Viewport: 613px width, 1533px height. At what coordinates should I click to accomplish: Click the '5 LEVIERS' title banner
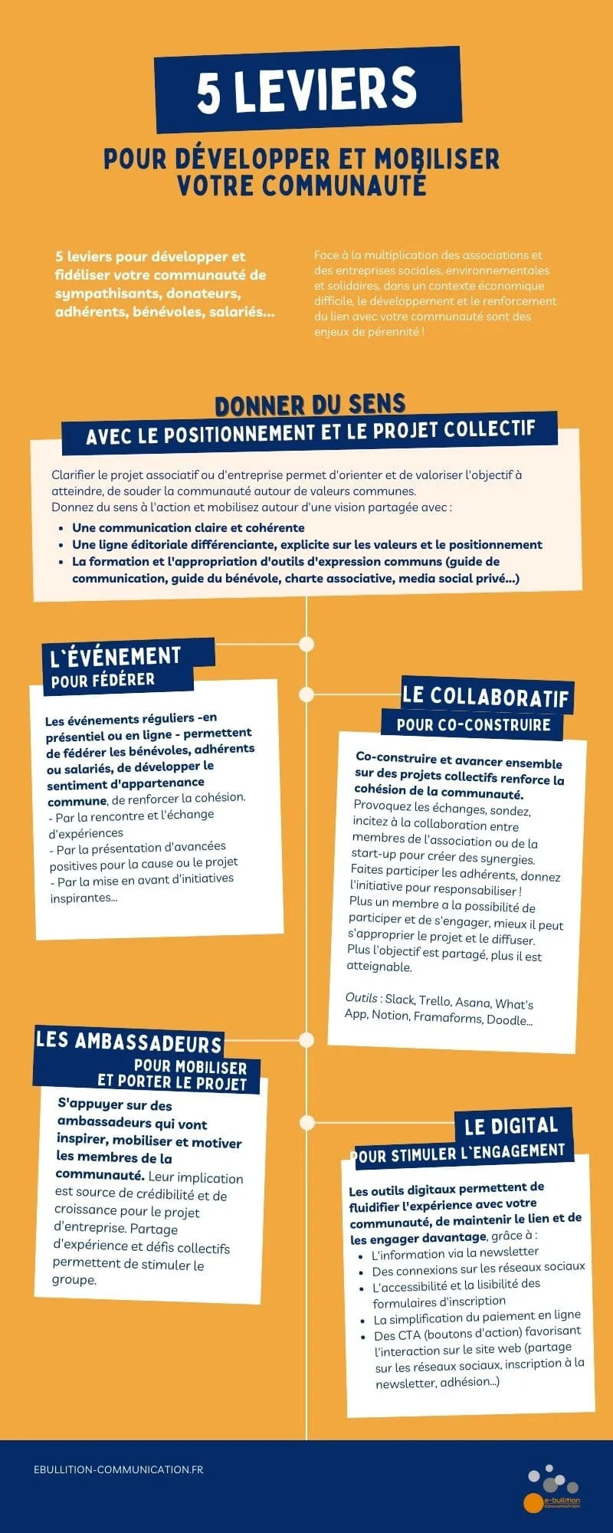(307, 90)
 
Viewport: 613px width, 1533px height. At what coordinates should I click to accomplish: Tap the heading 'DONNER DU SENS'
(310, 404)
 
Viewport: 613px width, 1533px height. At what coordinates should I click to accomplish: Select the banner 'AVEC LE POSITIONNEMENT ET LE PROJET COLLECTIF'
(310, 432)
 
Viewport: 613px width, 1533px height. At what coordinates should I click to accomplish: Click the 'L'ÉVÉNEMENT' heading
(115, 657)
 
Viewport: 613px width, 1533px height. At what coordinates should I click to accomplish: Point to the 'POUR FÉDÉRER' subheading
(103, 680)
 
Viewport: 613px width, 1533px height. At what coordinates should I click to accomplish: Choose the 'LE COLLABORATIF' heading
(486, 696)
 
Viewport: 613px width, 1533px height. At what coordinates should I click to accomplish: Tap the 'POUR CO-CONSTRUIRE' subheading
(473, 724)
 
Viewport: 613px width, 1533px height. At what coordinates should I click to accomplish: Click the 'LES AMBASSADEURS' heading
(129, 1042)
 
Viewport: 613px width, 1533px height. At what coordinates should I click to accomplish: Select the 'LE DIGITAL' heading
(511, 1126)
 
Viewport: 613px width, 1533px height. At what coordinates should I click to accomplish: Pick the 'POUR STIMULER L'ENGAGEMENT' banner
(460, 1153)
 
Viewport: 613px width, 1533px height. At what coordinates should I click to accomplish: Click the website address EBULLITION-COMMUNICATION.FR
(119, 1469)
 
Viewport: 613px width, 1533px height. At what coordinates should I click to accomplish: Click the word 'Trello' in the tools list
(434, 1001)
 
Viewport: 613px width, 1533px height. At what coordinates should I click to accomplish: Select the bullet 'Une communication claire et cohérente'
(188, 527)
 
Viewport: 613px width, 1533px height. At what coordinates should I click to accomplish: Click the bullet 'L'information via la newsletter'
(454, 1254)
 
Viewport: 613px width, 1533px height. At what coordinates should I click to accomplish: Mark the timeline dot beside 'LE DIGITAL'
(307, 1123)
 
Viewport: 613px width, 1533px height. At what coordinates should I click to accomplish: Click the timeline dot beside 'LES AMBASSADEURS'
(306, 1040)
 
